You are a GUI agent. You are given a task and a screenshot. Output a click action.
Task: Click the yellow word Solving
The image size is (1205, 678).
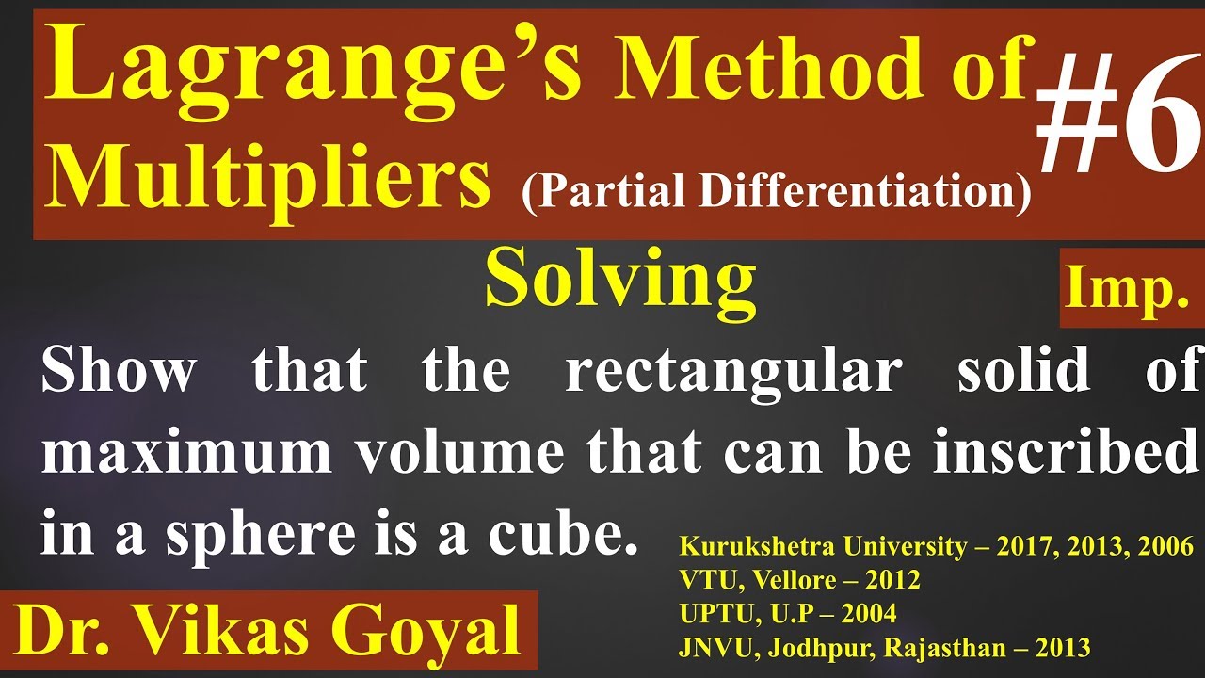click(620, 281)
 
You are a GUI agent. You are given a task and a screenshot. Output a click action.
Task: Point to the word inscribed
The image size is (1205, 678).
click(1064, 453)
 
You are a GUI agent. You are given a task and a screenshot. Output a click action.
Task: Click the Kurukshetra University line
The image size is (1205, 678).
click(935, 546)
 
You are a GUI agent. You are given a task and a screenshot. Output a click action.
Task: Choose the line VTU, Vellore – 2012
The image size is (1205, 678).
click(799, 580)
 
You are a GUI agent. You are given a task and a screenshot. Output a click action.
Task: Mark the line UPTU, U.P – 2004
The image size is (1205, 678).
click(787, 614)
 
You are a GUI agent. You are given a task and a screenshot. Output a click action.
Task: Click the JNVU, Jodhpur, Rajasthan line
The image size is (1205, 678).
click(884, 648)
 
